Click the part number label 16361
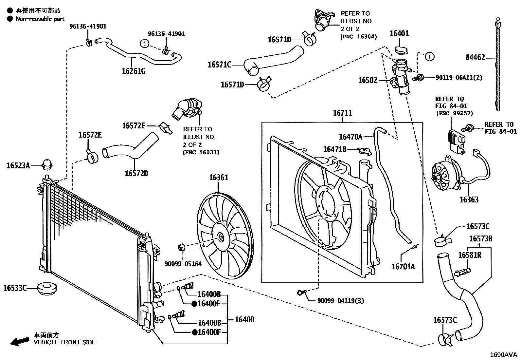[219, 178]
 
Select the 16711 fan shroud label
[342, 113]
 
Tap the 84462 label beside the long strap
[475, 58]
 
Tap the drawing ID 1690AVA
[503, 354]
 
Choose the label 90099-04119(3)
[340, 301]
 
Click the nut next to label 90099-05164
[181, 247]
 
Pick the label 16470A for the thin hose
[350, 137]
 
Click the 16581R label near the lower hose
[469, 255]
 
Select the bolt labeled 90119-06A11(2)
[418, 78]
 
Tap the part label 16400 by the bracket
[244, 319]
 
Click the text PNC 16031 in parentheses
[201, 152]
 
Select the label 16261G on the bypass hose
[133, 70]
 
